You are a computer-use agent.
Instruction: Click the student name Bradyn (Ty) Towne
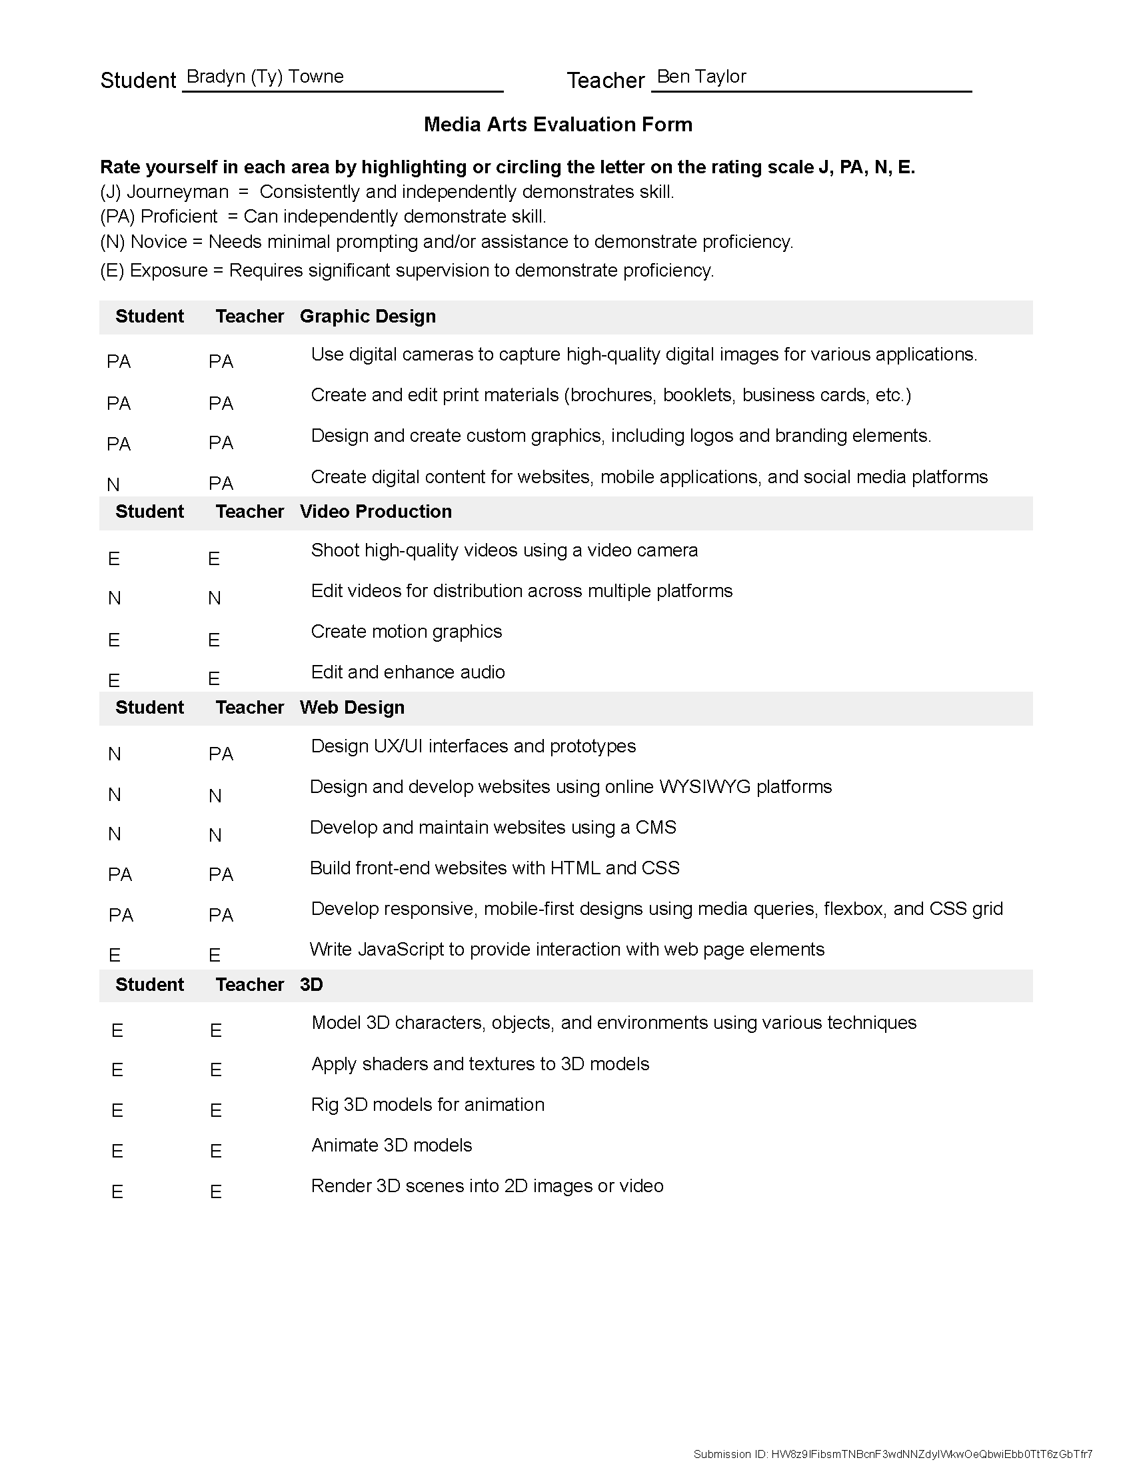(x=265, y=77)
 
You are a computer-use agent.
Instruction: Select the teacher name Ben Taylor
(x=700, y=77)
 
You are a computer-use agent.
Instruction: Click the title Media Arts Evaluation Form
(x=558, y=124)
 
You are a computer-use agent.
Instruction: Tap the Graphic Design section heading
(x=367, y=316)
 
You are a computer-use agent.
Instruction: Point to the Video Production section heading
(x=375, y=512)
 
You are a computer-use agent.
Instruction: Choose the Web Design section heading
(x=352, y=708)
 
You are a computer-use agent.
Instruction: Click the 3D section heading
(x=311, y=985)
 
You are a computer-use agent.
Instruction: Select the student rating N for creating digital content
(x=113, y=484)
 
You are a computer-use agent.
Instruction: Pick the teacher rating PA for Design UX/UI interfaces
(x=221, y=754)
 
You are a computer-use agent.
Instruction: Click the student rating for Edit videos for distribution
(x=114, y=598)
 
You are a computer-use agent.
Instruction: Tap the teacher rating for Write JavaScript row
(x=215, y=955)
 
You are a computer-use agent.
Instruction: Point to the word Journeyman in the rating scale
(x=177, y=192)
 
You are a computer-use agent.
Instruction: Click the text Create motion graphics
(x=406, y=632)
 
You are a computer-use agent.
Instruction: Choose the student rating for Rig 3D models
(x=117, y=1111)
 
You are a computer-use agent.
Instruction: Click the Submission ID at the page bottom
(x=892, y=1454)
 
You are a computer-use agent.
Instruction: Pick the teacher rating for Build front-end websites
(x=221, y=875)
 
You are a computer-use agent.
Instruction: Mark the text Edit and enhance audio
(x=407, y=672)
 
